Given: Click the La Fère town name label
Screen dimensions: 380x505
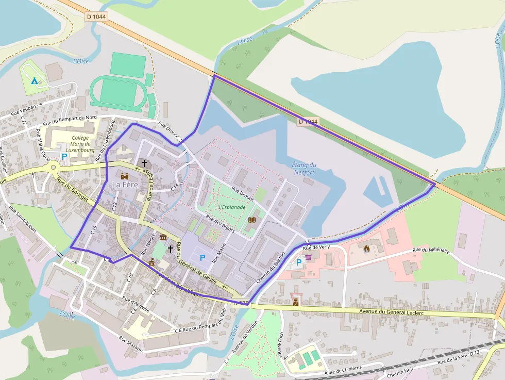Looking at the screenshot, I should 125,185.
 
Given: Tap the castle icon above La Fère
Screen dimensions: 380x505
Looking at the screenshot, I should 125,176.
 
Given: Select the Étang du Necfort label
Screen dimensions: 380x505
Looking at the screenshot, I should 304,169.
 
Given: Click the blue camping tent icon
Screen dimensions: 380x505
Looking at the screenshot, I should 34,80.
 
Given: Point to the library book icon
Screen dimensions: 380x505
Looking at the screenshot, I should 252,220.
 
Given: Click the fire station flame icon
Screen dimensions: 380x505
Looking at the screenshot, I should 366,249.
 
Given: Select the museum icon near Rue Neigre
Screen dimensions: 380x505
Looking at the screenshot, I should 163,237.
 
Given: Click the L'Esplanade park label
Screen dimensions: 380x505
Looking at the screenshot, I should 232,207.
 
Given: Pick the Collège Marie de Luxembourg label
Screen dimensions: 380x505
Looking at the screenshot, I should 80,144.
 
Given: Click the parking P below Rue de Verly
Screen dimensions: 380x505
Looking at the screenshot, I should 298,263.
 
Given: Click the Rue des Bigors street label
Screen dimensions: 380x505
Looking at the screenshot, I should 220,224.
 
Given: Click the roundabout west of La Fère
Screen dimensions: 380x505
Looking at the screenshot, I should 53,167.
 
